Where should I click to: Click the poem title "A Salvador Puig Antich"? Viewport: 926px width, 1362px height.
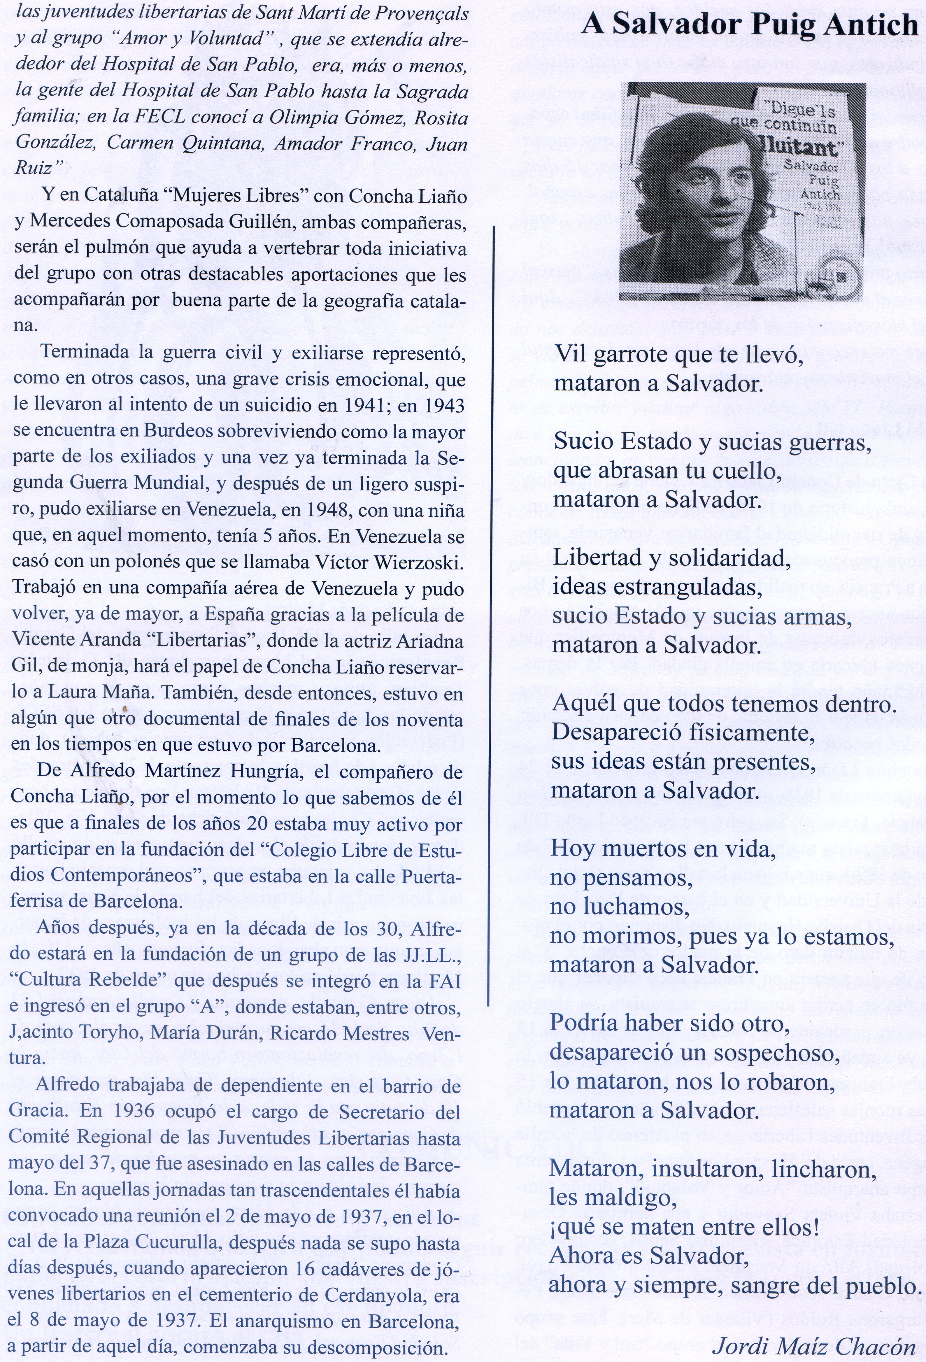pos(749,25)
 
